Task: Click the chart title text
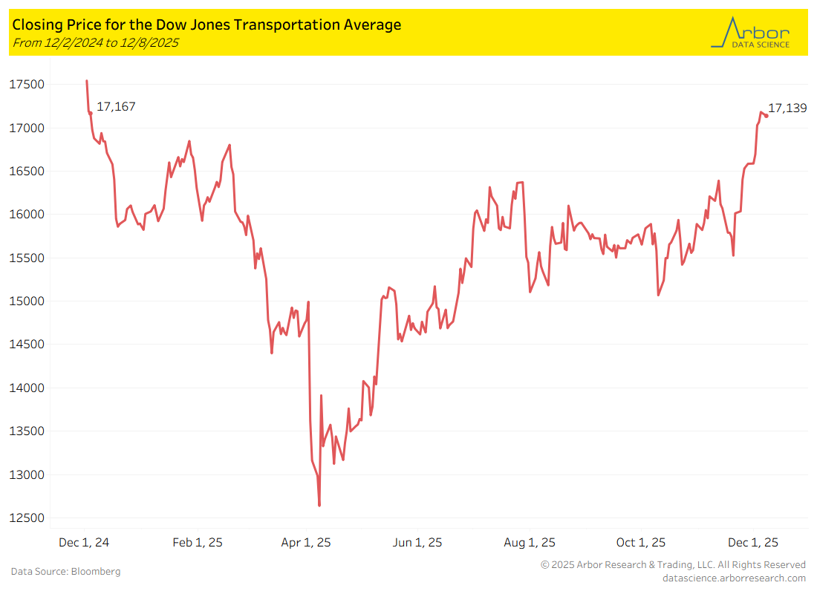click(206, 25)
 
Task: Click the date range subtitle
click(95, 42)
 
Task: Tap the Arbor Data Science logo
click(750, 33)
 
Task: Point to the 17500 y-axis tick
click(27, 85)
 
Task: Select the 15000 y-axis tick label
click(27, 301)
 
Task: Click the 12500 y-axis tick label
click(27, 518)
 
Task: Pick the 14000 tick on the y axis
click(27, 388)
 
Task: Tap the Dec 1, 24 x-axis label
click(84, 543)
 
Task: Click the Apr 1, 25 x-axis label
click(306, 543)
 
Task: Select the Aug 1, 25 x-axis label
click(530, 543)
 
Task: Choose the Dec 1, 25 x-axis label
click(754, 543)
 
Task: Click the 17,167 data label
click(116, 107)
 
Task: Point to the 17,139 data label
click(787, 108)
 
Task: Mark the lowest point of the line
click(319, 506)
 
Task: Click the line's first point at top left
click(87, 81)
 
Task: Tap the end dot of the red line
click(766, 115)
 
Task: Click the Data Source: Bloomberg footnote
click(65, 572)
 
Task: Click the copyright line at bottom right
click(673, 565)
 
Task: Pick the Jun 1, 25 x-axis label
click(417, 543)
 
